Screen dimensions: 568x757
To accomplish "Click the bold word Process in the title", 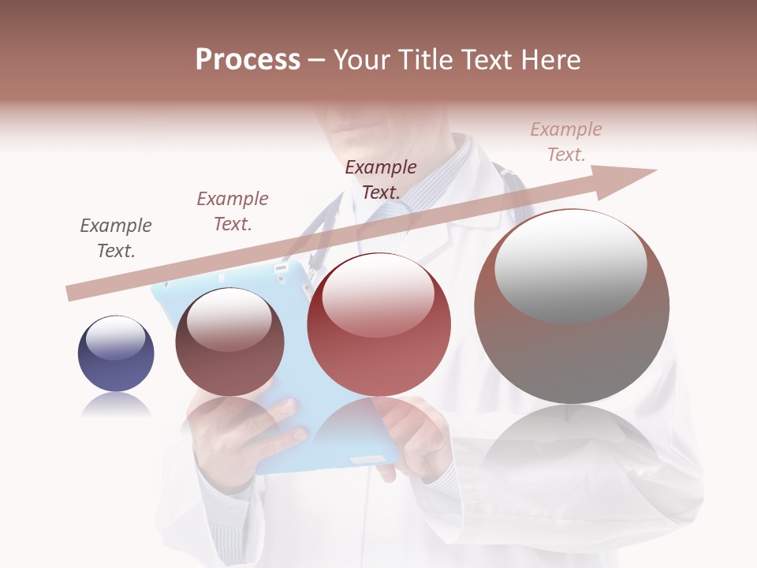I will [x=248, y=60].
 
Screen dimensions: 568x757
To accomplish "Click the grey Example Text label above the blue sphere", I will [x=116, y=238].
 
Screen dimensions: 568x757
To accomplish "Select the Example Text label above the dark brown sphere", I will [x=233, y=211].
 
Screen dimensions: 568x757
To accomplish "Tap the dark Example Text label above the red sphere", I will [x=381, y=180].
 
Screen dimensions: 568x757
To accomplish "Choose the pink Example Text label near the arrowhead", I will [x=566, y=142].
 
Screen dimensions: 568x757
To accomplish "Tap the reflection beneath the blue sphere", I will [x=116, y=405].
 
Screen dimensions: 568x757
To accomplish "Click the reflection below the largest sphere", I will [x=572, y=442].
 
